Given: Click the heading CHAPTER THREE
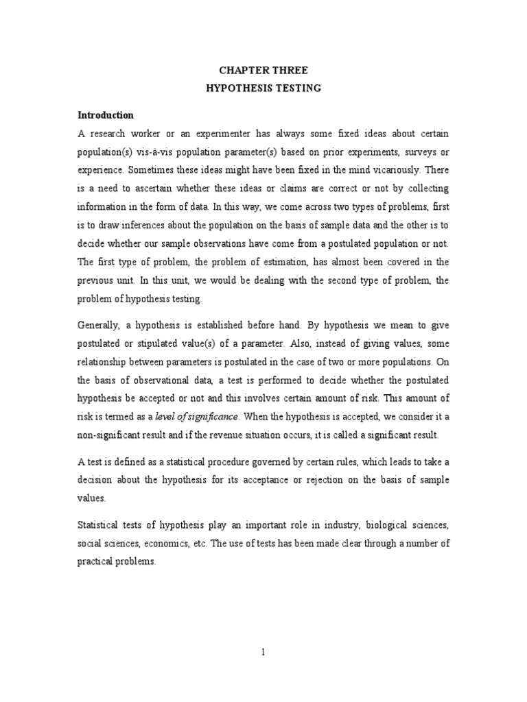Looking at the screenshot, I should [x=263, y=70].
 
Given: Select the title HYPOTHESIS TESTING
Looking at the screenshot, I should [x=263, y=88].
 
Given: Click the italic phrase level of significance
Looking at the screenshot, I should [x=205, y=416].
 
